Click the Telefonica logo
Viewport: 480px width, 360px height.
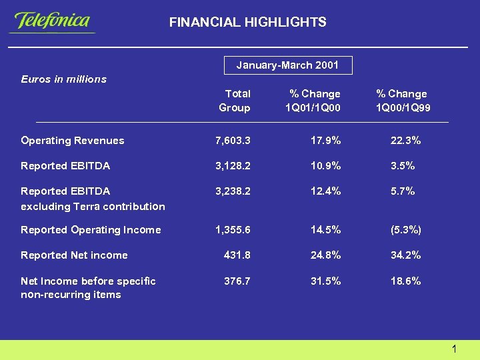coord(53,21)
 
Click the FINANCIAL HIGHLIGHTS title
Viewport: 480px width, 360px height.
coord(247,23)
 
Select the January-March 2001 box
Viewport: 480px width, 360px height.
coord(287,65)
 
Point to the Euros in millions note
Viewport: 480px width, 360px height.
coord(64,79)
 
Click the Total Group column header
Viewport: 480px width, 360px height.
coord(236,101)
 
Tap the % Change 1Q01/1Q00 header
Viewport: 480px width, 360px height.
coord(313,101)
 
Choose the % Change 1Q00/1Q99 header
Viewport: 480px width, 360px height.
coord(401,101)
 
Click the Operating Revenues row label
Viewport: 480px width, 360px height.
coord(73,141)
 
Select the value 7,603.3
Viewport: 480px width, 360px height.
coord(233,141)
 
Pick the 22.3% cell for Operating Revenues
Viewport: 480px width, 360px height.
coord(405,141)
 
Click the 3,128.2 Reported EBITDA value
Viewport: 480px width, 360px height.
coord(233,166)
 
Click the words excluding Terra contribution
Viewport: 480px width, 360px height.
coord(93,207)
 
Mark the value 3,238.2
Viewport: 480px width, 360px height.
coord(233,191)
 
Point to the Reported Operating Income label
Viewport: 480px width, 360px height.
coord(91,230)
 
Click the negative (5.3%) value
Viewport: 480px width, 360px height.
coord(405,230)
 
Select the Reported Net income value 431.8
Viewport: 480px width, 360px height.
coord(237,255)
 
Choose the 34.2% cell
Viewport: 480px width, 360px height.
coord(405,255)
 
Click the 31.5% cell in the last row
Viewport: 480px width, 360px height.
coord(325,281)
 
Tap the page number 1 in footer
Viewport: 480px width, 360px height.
coord(453,349)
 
